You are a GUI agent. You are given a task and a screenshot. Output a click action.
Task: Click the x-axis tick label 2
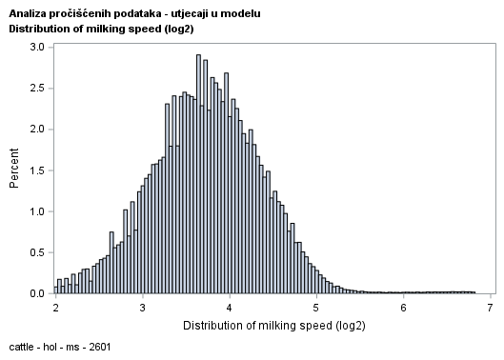point(56,309)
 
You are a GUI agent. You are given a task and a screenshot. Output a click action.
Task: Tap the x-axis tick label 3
point(143,309)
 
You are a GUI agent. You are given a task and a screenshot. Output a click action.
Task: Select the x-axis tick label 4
point(230,309)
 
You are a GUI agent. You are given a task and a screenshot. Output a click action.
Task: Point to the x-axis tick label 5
point(316,309)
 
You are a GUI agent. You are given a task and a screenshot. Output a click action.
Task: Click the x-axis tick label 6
point(403,309)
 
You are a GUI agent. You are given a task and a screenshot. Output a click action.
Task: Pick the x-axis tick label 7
point(490,309)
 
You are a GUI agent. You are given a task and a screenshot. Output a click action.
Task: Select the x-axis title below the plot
point(272,326)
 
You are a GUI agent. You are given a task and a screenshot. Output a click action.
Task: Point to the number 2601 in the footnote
point(98,347)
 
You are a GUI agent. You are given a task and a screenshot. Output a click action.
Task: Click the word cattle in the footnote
point(22,347)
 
